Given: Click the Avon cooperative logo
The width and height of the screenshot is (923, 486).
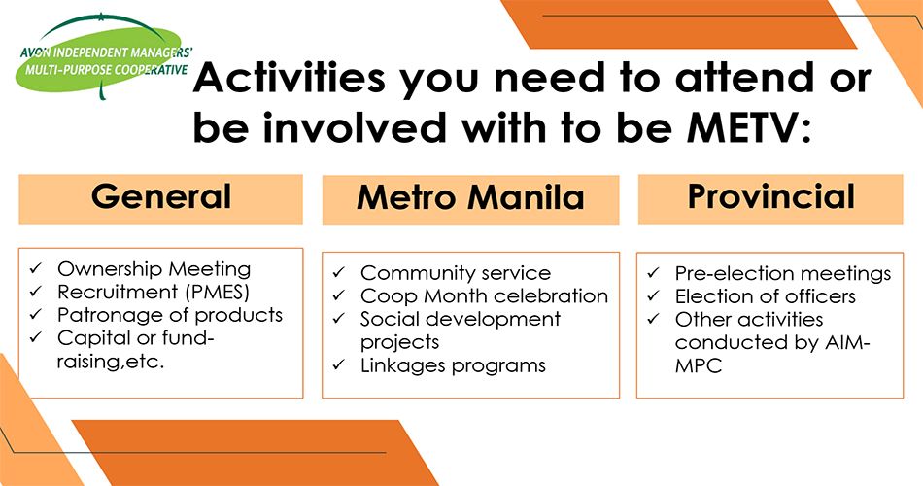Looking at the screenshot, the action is pyautogui.click(x=105, y=56).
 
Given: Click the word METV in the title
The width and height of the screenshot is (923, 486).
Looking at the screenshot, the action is pyautogui.click(x=742, y=128).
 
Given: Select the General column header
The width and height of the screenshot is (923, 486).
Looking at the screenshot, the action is pyautogui.click(x=160, y=198).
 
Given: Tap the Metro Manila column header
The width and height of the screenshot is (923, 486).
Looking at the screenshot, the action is pyautogui.click(x=470, y=199).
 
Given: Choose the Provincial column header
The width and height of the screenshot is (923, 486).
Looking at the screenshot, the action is pyautogui.click(x=770, y=198).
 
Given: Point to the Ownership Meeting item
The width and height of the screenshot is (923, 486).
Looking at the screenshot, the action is pyautogui.click(x=154, y=269).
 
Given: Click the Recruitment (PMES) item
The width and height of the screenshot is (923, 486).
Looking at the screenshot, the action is pyautogui.click(x=154, y=293).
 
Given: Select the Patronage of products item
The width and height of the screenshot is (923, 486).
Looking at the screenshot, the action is pyautogui.click(x=170, y=315).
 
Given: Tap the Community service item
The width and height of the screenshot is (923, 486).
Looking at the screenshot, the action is pyautogui.click(x=456, y=273).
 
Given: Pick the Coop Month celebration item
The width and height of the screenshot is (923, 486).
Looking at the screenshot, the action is pyautogui.click(x=485, y=295).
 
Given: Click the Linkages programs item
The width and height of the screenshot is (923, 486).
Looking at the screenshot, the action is pyautogui.click(x=454, y=365).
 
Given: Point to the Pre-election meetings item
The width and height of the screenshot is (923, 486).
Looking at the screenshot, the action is pyautogui.click(x=783, y=274).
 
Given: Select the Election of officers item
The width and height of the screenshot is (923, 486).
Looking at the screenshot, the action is pyautogui.click(x=766, y=296).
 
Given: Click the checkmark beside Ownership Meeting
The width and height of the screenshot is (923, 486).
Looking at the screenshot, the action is pyautogui.click(x=36, y=268).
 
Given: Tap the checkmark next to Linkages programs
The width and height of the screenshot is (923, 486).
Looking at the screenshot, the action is pyautogui.click(x=339, y=365).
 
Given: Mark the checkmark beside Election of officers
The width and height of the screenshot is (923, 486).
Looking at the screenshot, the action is pyautogui.click(x=654, y=295).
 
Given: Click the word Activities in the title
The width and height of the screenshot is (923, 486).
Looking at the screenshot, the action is pyautogui.click(x=289, y=79).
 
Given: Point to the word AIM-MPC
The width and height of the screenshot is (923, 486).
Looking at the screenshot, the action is pyautogui.click(x=772, y=354).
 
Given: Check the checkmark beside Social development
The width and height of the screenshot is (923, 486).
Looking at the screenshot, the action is pyautogui.click(x=339, y=319).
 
